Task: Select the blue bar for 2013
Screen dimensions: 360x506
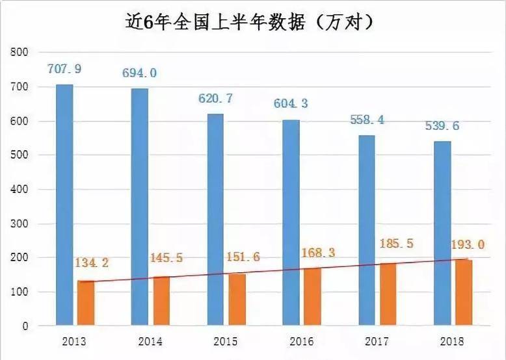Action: coord(64,204)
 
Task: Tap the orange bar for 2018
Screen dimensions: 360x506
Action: coord(463,292)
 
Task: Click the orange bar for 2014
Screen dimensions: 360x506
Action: coord(161,300)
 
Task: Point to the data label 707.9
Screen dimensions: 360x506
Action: coord(64,68)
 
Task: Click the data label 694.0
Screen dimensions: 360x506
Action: coord(139,73)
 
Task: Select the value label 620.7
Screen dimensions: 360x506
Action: coord(215,99)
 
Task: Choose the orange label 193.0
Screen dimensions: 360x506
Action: coord(468,245)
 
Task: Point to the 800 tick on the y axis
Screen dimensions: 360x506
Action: coord(22,52)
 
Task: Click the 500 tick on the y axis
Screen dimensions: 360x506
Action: coord(22,155)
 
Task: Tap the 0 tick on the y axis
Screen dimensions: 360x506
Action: coord(25,326)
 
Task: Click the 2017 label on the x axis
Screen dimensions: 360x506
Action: coord(378,341)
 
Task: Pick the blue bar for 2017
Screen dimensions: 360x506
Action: coord(366,229)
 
